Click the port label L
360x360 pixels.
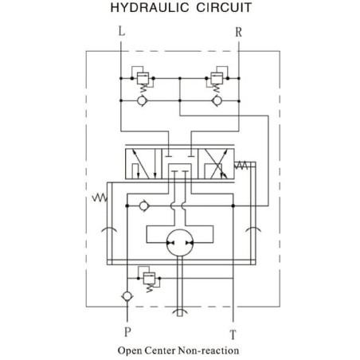[x=122, y=31]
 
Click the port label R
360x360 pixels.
[x=238, y=32]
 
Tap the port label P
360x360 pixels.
[x=127, y=331]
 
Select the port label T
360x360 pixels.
[x=233, y=335]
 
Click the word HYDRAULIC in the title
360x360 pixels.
[x=150, y=7]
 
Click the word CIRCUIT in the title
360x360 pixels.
[x=224, y=7]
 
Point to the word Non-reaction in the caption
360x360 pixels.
[x=209, y=350]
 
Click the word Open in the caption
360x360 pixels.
[x=131, y=350]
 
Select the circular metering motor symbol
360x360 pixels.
[x=180, y=243]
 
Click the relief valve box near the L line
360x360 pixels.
[x=143, y=78]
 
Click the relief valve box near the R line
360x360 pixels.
[x=217, y=78]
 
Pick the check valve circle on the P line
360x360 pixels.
[x=127, y=296]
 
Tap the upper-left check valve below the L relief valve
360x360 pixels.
[x=142, y=101]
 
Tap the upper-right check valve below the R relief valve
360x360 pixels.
[x=217, y=101]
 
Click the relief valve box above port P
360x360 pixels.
[x=149, y=278]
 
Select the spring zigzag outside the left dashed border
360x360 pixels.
[x=100, y=198]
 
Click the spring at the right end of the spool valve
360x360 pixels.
[x=241, y=166]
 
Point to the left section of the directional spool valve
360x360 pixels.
[x=143, y=163]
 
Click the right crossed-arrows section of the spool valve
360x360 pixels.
[x=216, y=163]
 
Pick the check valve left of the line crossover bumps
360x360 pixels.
[x=144, y=205]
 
